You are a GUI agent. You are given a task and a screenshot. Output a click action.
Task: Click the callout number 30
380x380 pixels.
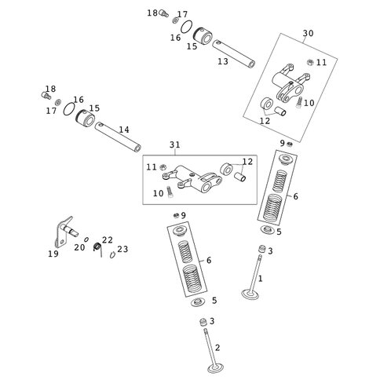(x=308, y=34)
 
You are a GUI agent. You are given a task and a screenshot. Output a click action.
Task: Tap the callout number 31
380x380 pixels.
(x=175, y=144)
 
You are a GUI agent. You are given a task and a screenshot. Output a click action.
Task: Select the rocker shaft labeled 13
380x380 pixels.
(x=233, y=53)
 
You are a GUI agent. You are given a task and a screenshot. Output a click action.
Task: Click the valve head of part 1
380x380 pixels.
(x=250, y=294)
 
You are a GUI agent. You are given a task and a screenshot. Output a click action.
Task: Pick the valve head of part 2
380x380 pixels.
(x=215, y=368)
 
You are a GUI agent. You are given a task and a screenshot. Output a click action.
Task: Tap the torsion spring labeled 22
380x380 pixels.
(x=97, y=248)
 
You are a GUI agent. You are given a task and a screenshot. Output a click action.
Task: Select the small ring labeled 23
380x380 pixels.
(x=112, y=254)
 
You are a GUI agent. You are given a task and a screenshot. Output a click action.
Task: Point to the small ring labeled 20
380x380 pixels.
(x=86, y=239)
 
